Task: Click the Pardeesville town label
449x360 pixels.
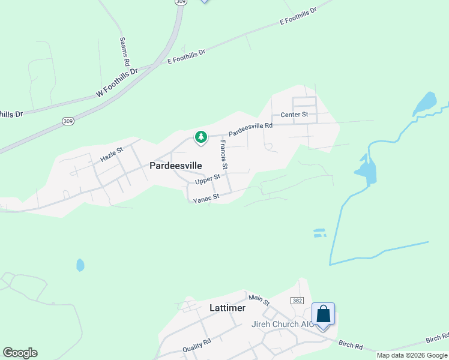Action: pos(175,165)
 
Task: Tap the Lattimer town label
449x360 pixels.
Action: pos(228,308)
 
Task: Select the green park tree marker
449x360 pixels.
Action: pos(200,137)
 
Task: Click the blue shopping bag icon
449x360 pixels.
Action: pos(323,314)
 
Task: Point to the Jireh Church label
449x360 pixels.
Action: pos(280,325)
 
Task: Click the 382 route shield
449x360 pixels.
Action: pos(296,300)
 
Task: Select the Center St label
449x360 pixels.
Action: pos(294,114)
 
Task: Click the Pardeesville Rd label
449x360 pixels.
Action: pos(250,129)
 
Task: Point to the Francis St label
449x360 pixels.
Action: pos(224,154)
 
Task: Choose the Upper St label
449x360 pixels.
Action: pos(208,179)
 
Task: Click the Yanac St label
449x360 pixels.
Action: pos(206,197)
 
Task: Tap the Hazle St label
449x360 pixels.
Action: pos(112,155)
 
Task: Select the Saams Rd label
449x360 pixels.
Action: pos(124,51)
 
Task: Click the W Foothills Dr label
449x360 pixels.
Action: pos(117,83)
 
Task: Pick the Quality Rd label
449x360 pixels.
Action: pos(197,346)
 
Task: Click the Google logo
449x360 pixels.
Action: pos(20,353)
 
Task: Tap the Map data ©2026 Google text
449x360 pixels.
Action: pos(412,355)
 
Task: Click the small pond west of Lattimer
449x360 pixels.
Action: pos(80,265)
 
